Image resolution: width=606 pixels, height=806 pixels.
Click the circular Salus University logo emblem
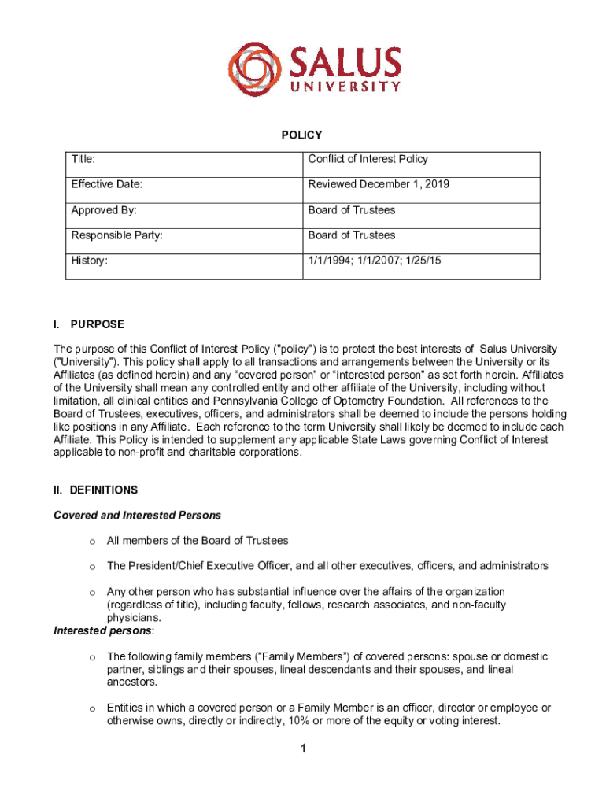coord(254,69)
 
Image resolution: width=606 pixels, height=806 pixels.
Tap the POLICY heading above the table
coord(301,135)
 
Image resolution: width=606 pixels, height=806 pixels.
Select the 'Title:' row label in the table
coord(83,159)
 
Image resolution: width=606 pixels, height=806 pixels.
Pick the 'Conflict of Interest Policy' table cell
coord(368,159)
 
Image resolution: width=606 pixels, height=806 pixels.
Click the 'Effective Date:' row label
coord(107,184)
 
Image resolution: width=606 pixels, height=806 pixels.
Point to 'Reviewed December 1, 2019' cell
coord(379,184)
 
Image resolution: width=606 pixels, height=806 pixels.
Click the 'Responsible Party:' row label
coord(117,235)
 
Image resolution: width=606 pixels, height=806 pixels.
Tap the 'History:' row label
coord(90,260)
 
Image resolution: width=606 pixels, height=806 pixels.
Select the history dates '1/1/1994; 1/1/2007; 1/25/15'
coord(375,260)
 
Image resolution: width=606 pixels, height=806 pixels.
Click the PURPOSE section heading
coord(97,324)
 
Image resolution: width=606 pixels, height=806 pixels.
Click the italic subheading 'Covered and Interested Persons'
coord(137,516)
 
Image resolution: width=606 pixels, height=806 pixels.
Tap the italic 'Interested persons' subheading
coord(103,630)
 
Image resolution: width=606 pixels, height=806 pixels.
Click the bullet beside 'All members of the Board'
coord(92,541)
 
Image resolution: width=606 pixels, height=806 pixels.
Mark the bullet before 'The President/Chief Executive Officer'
coord(92,567)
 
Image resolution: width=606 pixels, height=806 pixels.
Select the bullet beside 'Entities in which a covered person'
coord(92,708)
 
